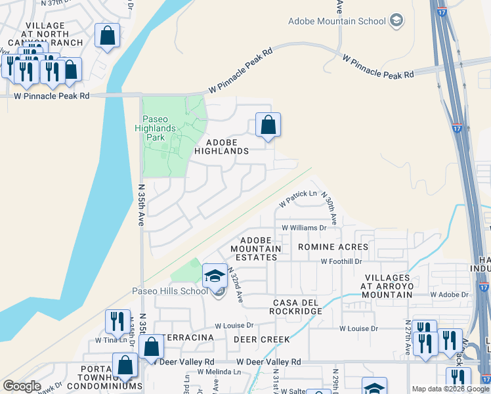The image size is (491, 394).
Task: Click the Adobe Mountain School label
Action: coord(337,21)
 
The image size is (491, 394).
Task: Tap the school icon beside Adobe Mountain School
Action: coord(396,21)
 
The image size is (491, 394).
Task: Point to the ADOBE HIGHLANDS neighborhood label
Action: coord(227,146)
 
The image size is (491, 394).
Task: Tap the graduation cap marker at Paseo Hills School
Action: coord(215,276)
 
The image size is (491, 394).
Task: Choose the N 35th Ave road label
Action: coord(141,204)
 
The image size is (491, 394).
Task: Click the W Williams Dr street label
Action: coord(304,228)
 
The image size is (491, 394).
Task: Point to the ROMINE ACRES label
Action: coord(330,247)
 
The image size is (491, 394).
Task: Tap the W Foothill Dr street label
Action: coord(341,261)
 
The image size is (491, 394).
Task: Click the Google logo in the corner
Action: coord(21,386)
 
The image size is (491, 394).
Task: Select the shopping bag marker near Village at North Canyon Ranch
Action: coord(107,36)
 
